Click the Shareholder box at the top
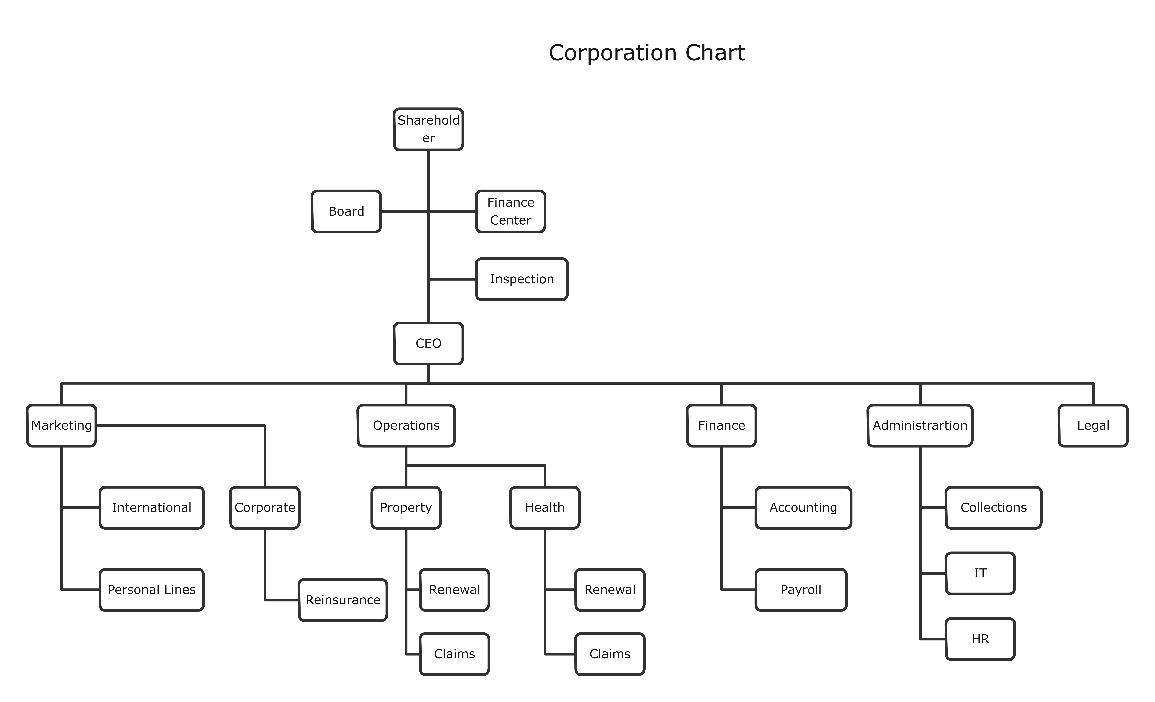tap(428, 129)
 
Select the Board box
tap(346, 211)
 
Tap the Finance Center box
tap(511, 211)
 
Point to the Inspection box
tap(522, 279)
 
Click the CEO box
tap(428, 343)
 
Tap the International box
tap(151, 508)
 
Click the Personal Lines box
tap(151, 590)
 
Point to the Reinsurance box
tap(343, 600)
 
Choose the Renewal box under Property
tap(454, 590)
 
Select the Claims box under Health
tap(610, 654)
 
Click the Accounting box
tap(803, 508)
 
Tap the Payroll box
tap(801, 590)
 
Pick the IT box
tap(980, 573)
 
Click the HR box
tap(980, 639)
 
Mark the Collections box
tap(993, 508)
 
